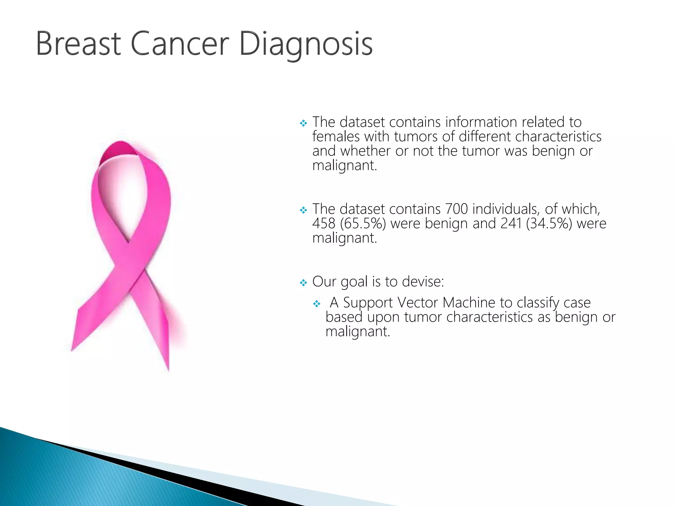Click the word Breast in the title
point(78,44)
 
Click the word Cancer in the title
point(180,44)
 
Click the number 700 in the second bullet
point(456,209)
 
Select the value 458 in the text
point(324,223)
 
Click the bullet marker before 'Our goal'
point(303,282)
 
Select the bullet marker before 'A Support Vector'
point(317,303)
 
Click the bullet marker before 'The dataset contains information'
point(303,123)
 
